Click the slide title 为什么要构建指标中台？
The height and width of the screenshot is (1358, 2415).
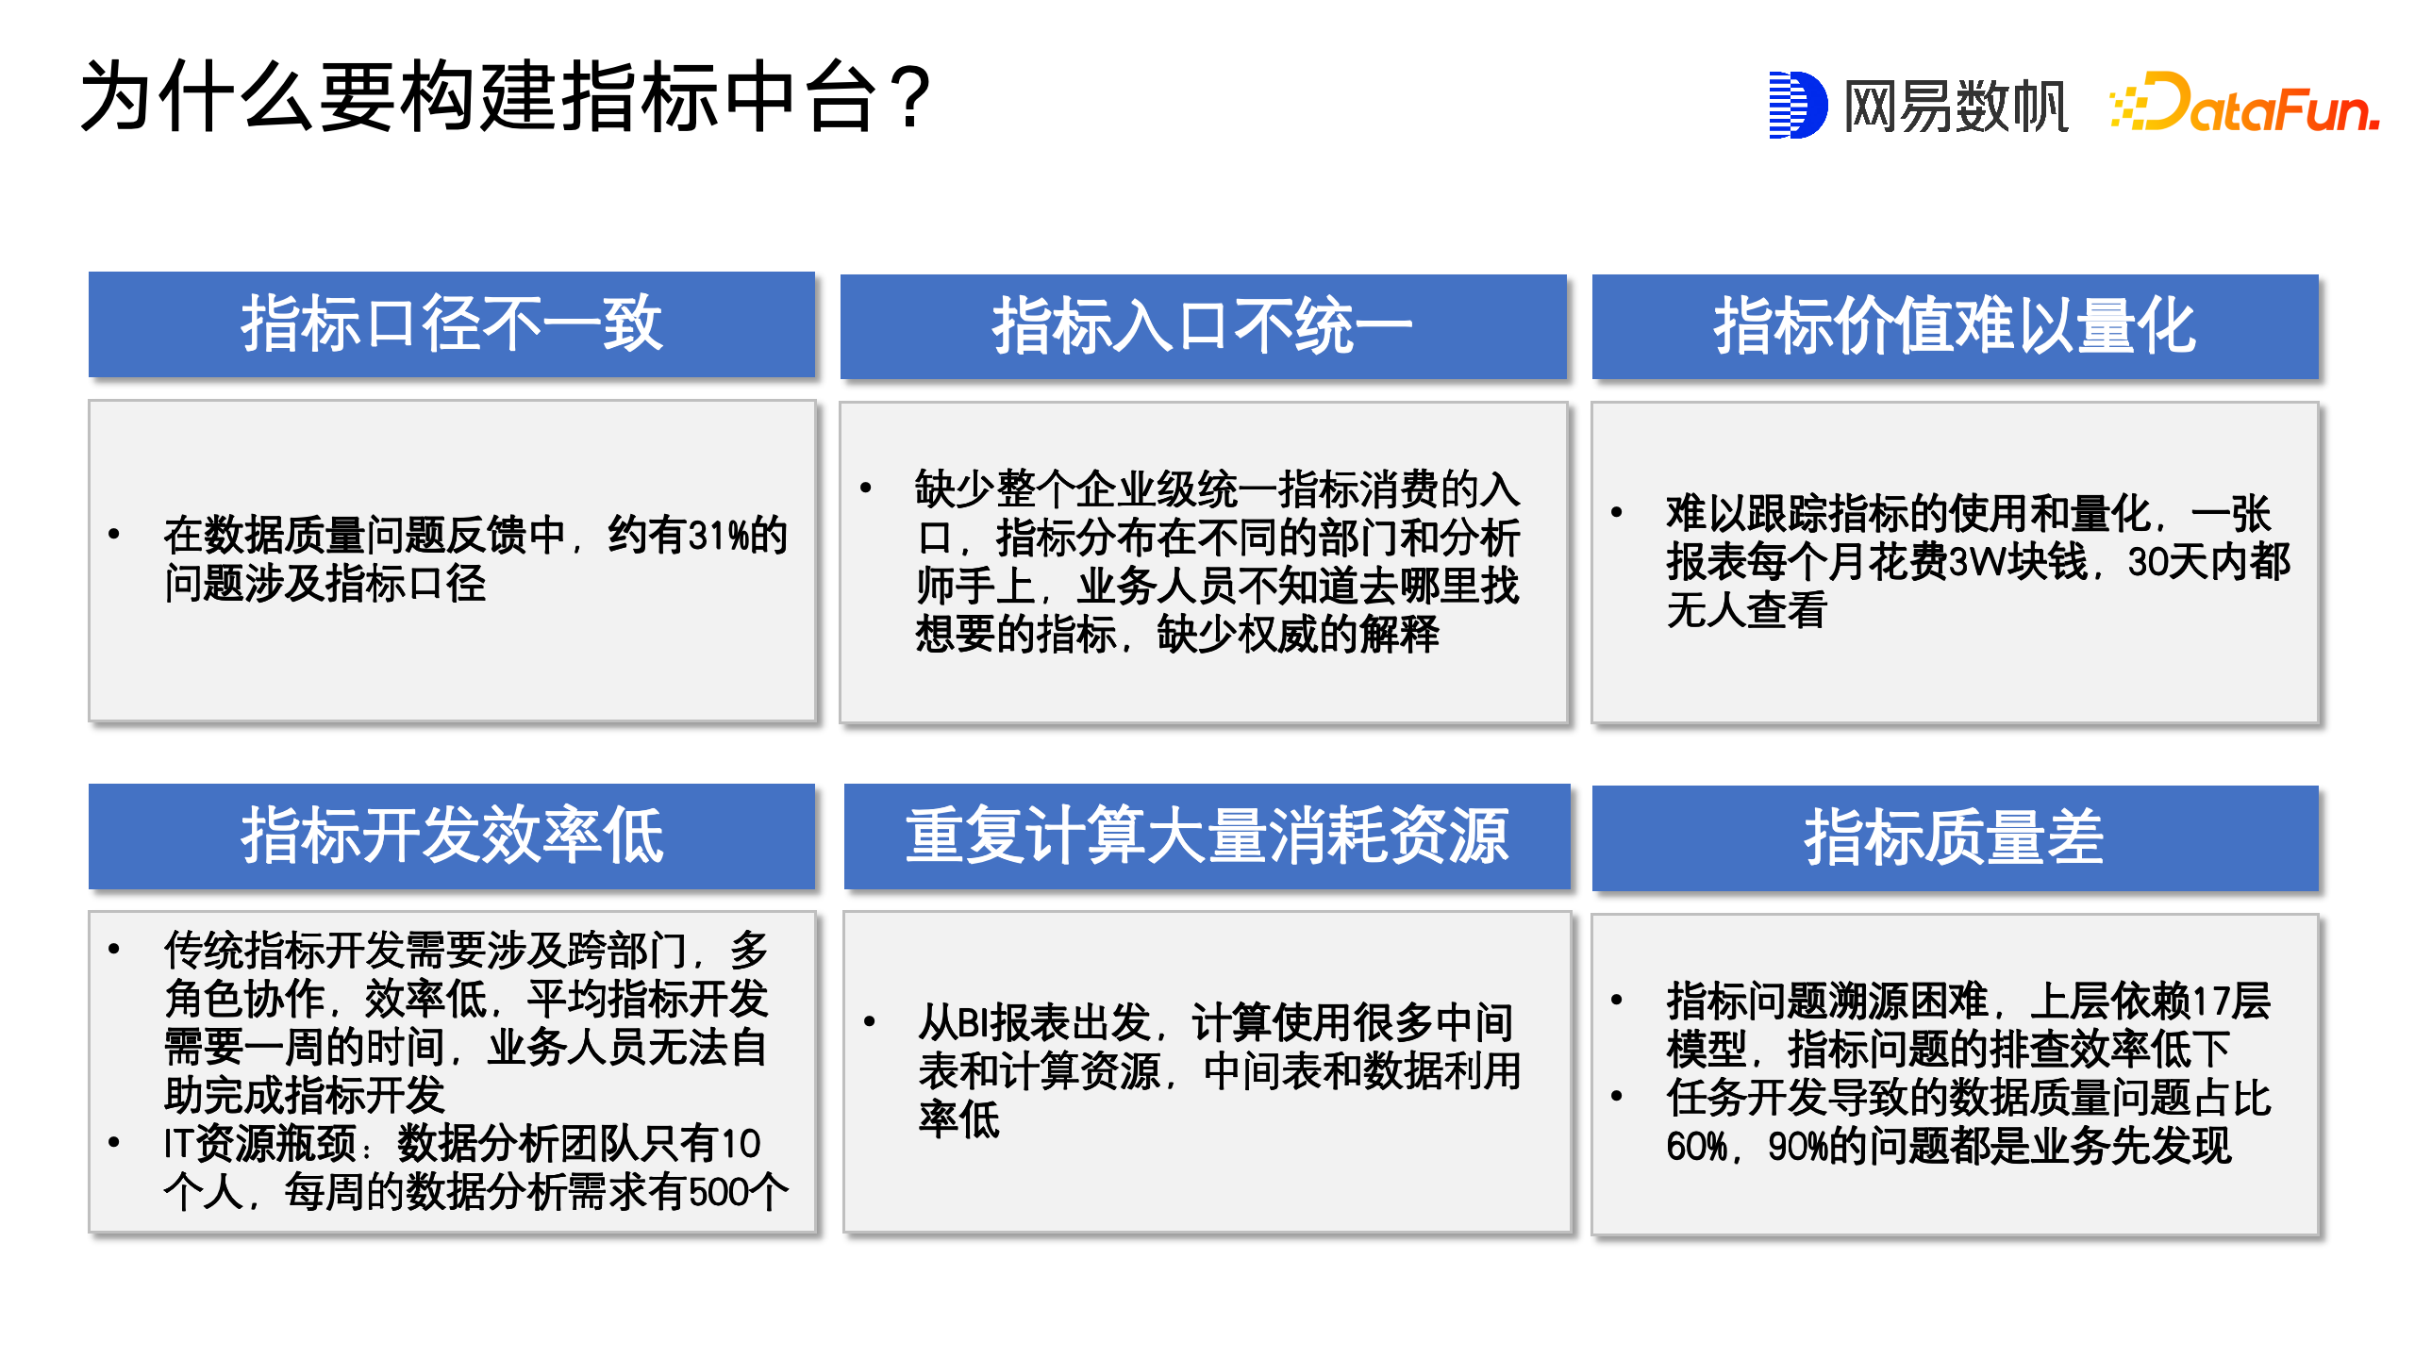pyautogui.click(x=507, y=96)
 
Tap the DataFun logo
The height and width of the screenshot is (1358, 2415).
pyautogui.click(x=2244, y=102)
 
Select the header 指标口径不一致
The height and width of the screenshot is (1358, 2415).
pyautogui.click(x=452, y=323)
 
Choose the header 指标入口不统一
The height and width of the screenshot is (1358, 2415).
pyautogui.click(x=1203, y=326)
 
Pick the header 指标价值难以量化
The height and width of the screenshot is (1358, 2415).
pyautogui.click(x=1955, y=326)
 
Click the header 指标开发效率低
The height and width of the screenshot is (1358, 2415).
pyautogui.click(x=452, y=836)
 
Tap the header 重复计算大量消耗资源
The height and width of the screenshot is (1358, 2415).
pyautogui.click(x=1207, y=836)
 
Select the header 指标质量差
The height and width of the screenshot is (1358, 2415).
pyautogui.click(x=1955, y=837)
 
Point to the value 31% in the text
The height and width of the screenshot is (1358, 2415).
pyautogui.click(x=719, y=536)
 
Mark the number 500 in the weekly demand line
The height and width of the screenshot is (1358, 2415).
pyautogui.click(x=719, y=1192)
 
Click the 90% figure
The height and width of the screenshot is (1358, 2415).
pyautogui.click(x=1798, y=1147)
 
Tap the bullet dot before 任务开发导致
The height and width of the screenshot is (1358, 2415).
pyautogui.click(x=1616, y=1096)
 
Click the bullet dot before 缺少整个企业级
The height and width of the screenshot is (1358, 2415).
pyautogui.click(x=865, y=488)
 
